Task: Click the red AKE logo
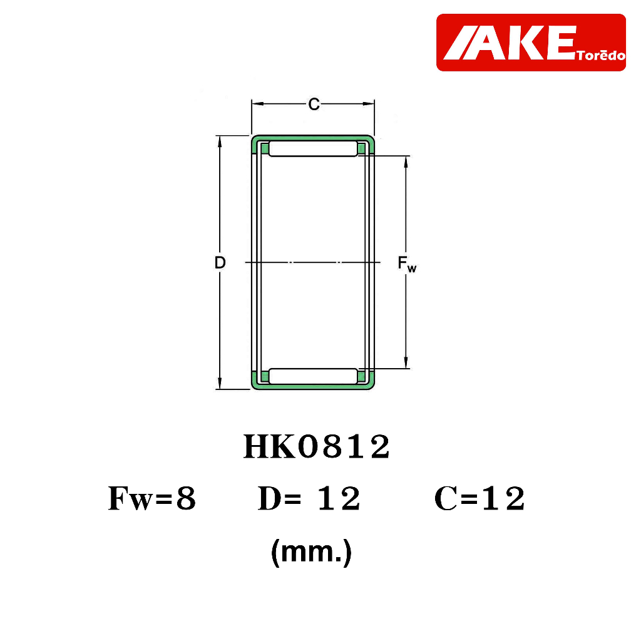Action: [x=531, y=43]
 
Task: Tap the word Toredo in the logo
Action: [x=601, y=55]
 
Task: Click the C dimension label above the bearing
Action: [x=314, y=105]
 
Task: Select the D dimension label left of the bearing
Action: [x=220, y=262]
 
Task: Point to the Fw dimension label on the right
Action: [x=407, y=264]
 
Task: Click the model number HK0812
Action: [x=317, y=447]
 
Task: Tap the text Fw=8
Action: [x=152, y=498]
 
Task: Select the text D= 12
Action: [x=309, y=498]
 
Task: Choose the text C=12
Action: [x=479, y=498]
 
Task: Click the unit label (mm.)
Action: [x=312, y=552]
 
